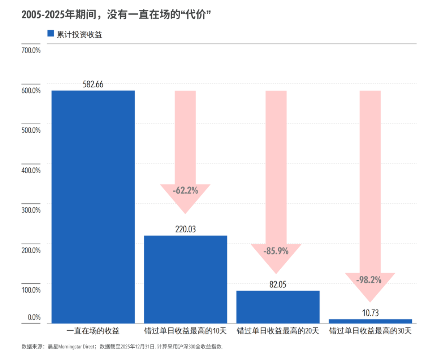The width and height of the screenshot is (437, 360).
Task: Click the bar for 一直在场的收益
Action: [x=93, y=206]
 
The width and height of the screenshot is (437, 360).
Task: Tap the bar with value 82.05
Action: [x=278, y=307]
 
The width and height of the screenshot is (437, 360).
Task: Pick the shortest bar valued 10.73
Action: [x=370, y=321]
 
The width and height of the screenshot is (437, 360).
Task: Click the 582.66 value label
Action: [x=93, y=85]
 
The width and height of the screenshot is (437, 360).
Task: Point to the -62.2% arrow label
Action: [x=185, y=190]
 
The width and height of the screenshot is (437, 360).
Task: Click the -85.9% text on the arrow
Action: [x=276, y=251]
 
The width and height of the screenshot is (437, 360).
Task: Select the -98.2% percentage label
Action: [x=369, y=280]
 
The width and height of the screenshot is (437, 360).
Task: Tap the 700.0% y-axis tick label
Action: [x=31, y=50]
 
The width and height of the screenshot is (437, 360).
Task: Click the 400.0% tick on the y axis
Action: [x=31, y=170]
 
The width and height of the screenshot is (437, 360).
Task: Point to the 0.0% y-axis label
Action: [x=34, y=317]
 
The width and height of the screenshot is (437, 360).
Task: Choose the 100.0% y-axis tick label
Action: [x=31, y=290]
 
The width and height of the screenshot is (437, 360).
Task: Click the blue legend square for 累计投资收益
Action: [x=51, y=34]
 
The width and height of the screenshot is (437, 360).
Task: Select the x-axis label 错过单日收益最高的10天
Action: [x=185, y=331]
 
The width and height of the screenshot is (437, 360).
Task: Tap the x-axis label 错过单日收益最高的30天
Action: [x=370, y=331]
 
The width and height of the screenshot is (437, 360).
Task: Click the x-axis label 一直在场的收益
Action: [x=93, y=331]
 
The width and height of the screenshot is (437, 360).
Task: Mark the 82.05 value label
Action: [x=278, y=284]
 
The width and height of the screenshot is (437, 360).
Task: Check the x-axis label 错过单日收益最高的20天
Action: [x=278, y=331]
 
